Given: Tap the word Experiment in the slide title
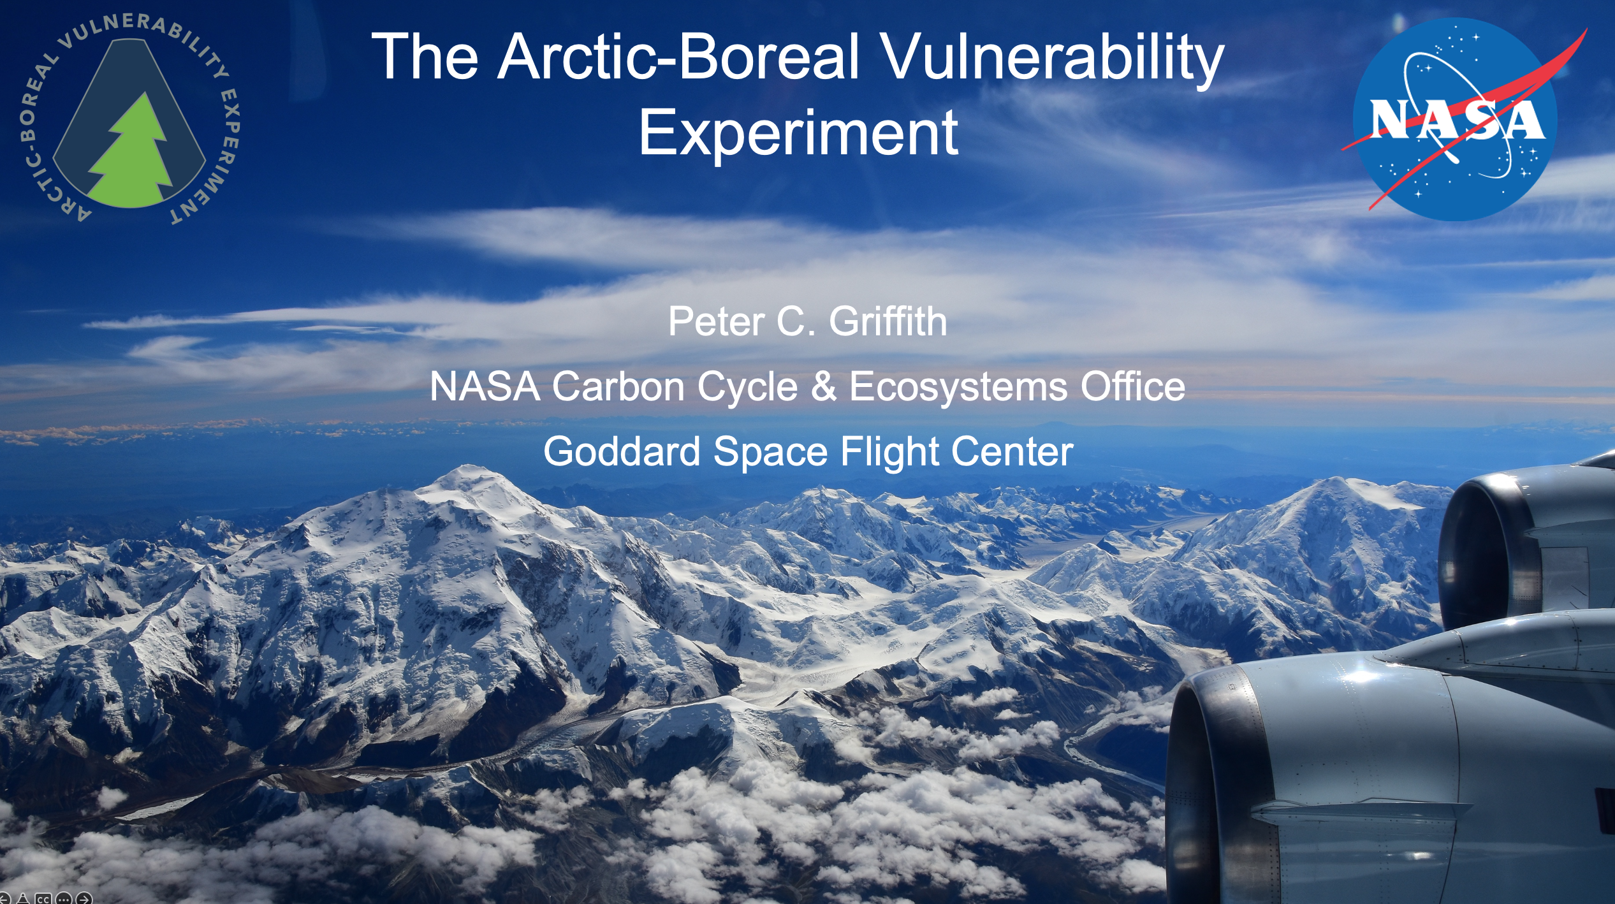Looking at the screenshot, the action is pos(798,132).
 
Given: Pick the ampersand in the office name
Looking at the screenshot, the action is pos(824,386).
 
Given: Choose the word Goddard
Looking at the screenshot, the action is pos(622,451).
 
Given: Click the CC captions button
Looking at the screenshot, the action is pos(43,898).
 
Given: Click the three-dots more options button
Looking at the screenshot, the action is pos(64,898).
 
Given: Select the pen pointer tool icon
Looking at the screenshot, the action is pos(23,898).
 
